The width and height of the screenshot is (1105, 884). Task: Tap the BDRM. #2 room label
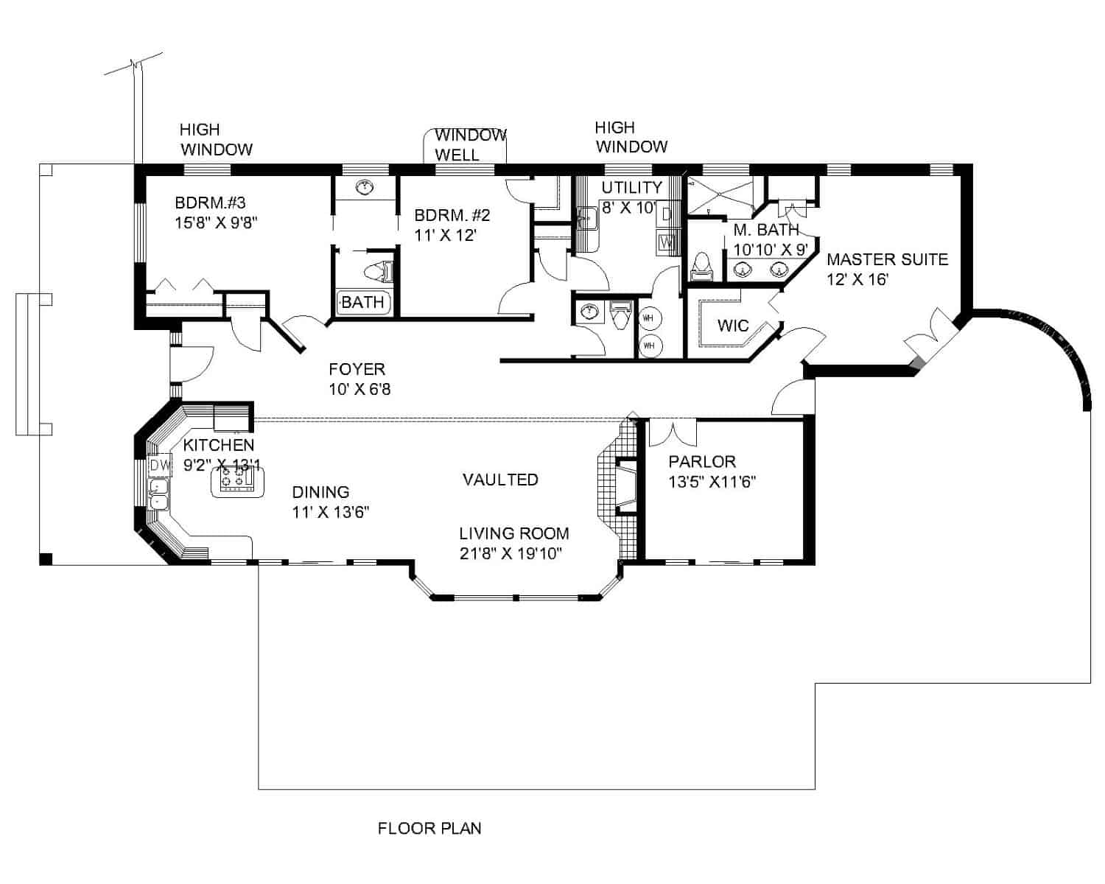pos(452,216)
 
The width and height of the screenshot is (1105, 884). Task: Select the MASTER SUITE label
pos(887,259)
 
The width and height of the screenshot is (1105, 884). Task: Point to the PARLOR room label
pos(702,462)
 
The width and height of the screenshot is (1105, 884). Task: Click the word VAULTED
pos(500,480)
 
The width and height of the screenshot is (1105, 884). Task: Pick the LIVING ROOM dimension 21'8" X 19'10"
pos(511,552)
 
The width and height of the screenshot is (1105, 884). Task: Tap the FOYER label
pos(357,369)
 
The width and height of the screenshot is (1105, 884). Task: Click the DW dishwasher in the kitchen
pos(159,466)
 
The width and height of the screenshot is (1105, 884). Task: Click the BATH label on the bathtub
pos(362,302)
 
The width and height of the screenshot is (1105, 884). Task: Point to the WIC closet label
pos(732,326)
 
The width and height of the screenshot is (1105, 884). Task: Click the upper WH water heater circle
pos(649,318)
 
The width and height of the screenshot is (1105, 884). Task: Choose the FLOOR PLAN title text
pos(429,828)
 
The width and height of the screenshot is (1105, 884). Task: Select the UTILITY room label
pos(631,187)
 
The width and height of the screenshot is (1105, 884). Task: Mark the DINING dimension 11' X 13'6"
pos(330,512)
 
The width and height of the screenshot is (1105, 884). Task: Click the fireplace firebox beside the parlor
pos(626,484)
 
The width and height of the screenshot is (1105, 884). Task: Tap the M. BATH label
pos(765,230)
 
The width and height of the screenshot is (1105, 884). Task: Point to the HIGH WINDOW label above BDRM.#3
pos(216,139)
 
